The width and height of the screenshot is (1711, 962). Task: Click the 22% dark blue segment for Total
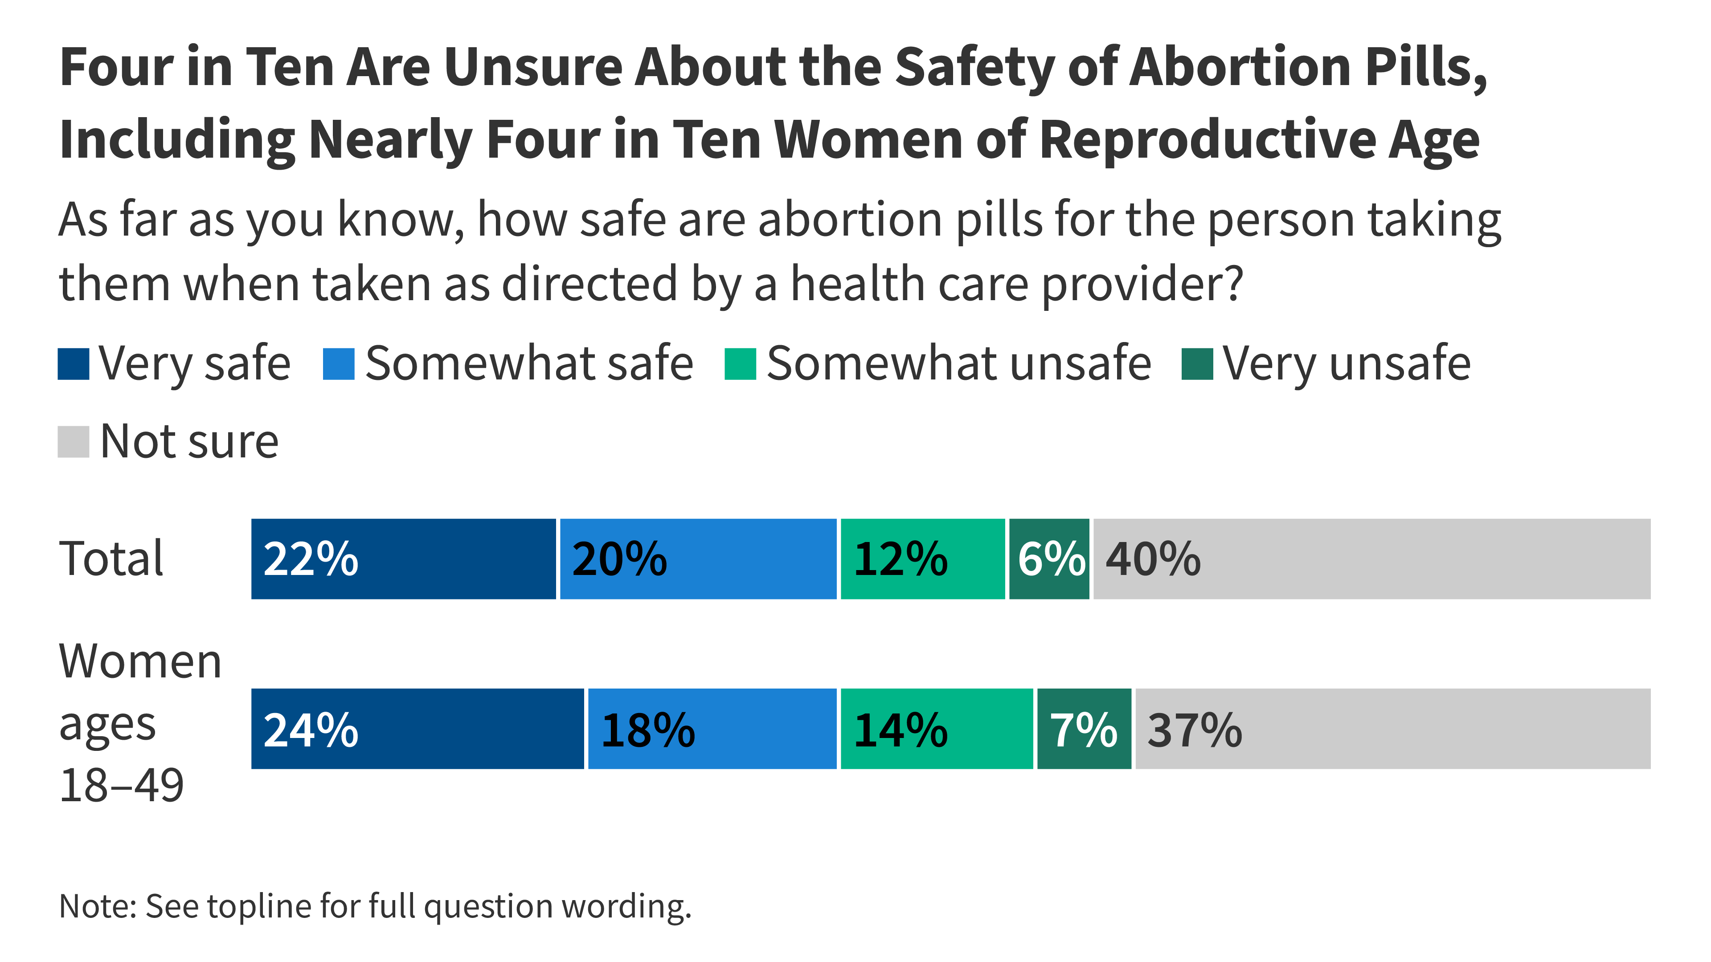pyautogui.click(x=403, y=559)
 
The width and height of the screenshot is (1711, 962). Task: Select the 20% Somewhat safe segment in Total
pyautogui.click(x=698, y=559)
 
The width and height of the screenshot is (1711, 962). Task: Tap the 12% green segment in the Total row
pyautogui.click(x=923, y=559)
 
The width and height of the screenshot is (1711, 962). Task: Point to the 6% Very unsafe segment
pyautogui.click(x=1049, y=559)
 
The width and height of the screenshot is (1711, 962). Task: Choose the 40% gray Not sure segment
pyautogui.click(x=1371, y=559)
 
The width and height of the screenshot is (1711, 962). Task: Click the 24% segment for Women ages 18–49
pyautogui.click(x=417, y=729)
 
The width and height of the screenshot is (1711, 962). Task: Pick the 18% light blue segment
pyautogui.click(x=712, y=729)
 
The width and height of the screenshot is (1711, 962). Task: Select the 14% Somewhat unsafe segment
pyautogui.click(x=937, y=729)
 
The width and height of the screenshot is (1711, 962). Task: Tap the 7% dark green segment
pyautogui.click(x=1084, y=729)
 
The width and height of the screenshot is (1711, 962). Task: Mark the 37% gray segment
pyautogui.click(x=1393, y=729)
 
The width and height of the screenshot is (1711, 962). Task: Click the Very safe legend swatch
pyautogui.click(x=73, y=364)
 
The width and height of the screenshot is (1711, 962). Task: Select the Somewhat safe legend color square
pyautogui.click(x=338, y=364)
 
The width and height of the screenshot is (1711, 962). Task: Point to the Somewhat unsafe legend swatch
pyautogui.click(x=740, y=364)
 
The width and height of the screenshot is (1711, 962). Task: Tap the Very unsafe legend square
pyautogui.click(x=1197, y=364)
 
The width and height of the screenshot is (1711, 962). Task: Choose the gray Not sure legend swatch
pyautogui.click(x=73, y=441)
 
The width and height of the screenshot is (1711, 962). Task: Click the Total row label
pyautogui.click(x=111, y=559)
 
